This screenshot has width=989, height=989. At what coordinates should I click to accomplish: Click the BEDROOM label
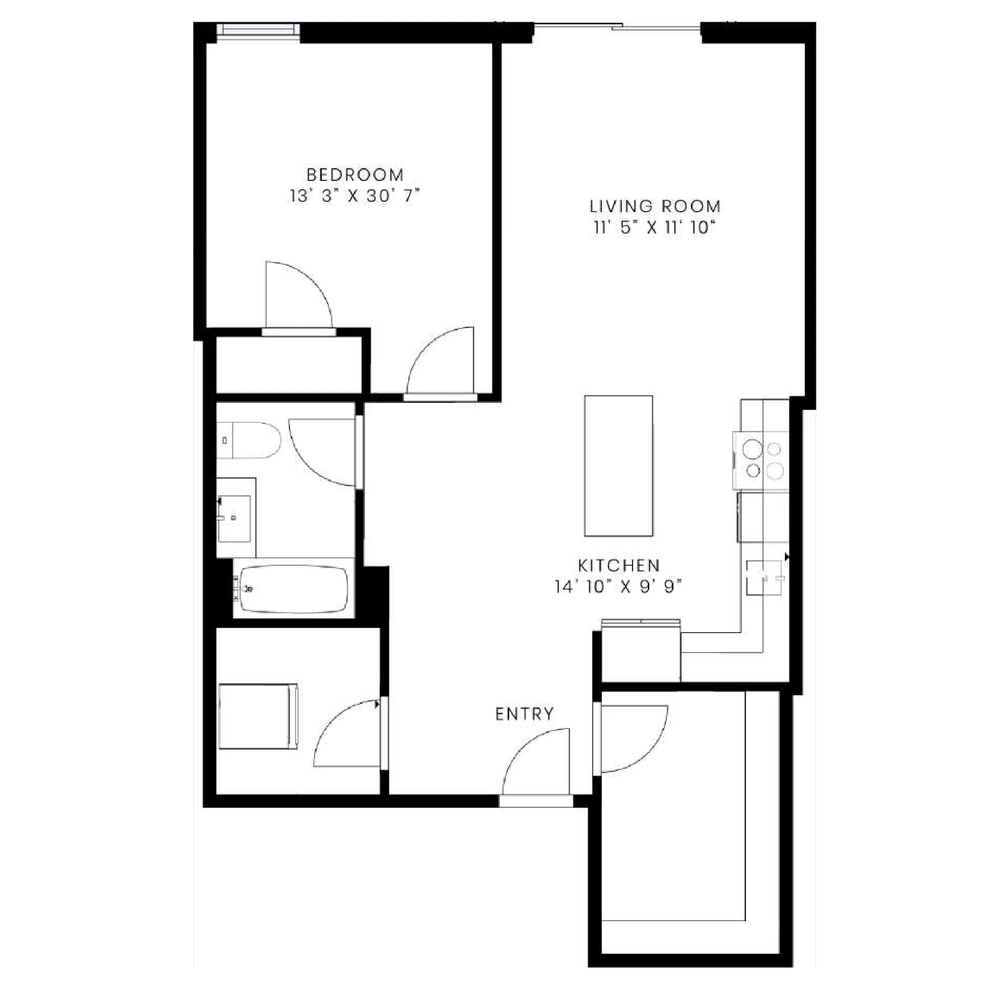click(355, 175)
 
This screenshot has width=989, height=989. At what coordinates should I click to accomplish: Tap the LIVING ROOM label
click(655, 206)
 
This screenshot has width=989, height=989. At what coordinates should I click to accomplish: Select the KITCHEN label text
click(619, 566)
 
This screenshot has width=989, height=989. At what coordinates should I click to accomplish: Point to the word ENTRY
click(525, 714)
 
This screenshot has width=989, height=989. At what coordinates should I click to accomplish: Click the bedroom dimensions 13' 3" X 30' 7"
click(355, 196)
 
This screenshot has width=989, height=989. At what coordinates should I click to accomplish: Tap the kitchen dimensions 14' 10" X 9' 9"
click(618, 587)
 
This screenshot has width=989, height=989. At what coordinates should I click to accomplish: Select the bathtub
click(294, 589)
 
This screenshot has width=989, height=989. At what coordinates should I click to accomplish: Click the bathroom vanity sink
click(234, 518)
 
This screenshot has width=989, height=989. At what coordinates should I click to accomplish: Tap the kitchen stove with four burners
click(762, 460)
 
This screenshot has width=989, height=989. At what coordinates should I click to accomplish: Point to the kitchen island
click(618, 466)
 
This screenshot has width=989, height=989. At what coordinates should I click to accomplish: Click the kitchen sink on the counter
click(764, 578)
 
